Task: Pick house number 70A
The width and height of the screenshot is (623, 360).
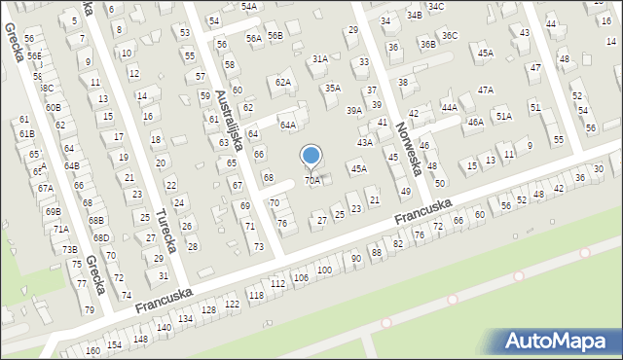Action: pyautogui.click(x=312, y=180)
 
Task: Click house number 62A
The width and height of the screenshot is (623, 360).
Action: pyautogui.click(x=283, y=83)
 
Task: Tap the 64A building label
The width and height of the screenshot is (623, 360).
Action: pyautogui.click(x=288, y=126)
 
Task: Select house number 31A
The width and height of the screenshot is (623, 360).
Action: pyautogui.click(x=319, y=59)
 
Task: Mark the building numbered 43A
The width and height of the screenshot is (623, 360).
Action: pyautogui.click(x=364, y=142)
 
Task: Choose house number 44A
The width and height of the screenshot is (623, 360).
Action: pyautogui.click(x=449, y=107)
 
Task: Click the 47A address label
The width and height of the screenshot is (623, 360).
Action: pyautogui.click(x=486, y=90)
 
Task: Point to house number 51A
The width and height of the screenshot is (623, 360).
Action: pyautogui.click(x=503, y=116)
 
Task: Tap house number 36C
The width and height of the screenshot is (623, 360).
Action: pyautogui.click(x=449, y=36)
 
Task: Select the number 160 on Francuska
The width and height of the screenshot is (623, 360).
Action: pyautogui.click(x=92, y=350)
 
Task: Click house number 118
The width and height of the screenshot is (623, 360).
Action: pyautogui.click(x=257, y=295)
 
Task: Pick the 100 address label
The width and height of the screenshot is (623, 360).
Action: pyautogui.click(x=325, y=270)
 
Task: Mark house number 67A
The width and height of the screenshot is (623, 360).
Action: pyautogui.click(x=45, y=188)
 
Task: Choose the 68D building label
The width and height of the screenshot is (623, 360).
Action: pyautogui.click(x=100, y=237)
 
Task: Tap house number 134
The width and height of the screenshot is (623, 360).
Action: pyautogui.click(x=185, y=319)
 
